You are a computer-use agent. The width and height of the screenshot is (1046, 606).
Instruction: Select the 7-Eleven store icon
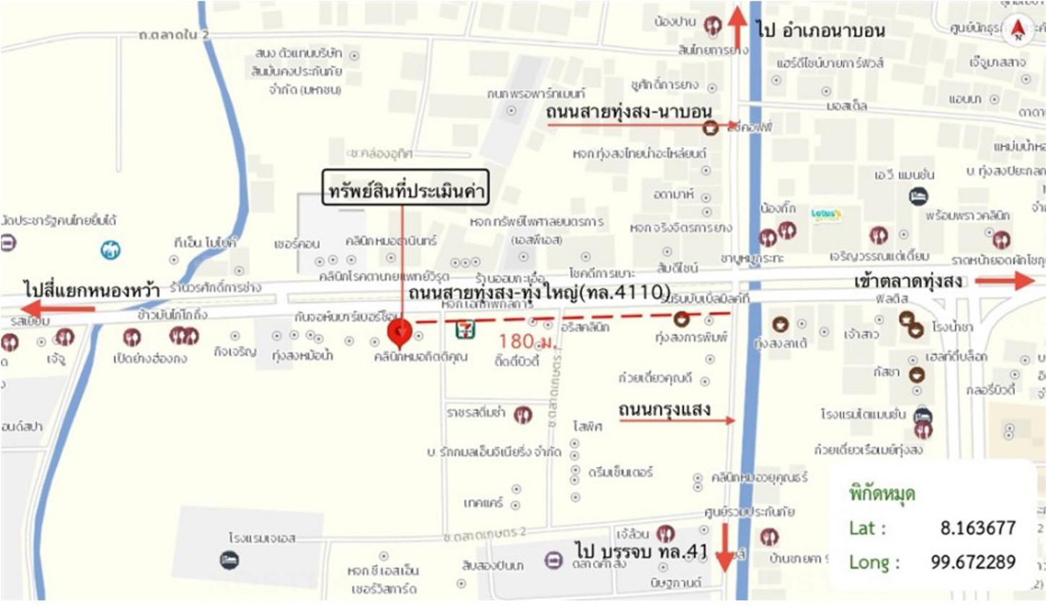pyautogui.click(x=465, y=331)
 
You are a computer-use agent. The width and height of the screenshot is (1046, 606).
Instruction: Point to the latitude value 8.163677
pyautogui.click(x=977, y=528)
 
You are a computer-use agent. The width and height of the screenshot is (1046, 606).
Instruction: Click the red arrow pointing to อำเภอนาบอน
pyautogui.click(x=737, y=28)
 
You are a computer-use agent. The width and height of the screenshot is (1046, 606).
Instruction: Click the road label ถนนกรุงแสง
pyautogui.click(x=664, y=410)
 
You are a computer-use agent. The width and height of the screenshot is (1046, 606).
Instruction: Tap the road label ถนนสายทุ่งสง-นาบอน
pyautogui.click(x=629, y=112)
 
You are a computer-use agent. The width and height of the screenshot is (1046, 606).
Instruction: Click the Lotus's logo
pyautogui.click(x=825, y=214)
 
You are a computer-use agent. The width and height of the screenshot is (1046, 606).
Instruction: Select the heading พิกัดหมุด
pyautogui.click(x=882, y=494)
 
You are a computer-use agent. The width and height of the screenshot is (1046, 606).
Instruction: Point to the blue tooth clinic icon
pyautogui.click(x=110, y=249)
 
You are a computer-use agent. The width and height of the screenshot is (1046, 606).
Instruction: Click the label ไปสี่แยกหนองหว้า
pyautogui.click(x=91, y=290)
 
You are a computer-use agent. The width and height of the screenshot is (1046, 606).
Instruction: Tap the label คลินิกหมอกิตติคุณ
pyautogui.click(x=421, y=357)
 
